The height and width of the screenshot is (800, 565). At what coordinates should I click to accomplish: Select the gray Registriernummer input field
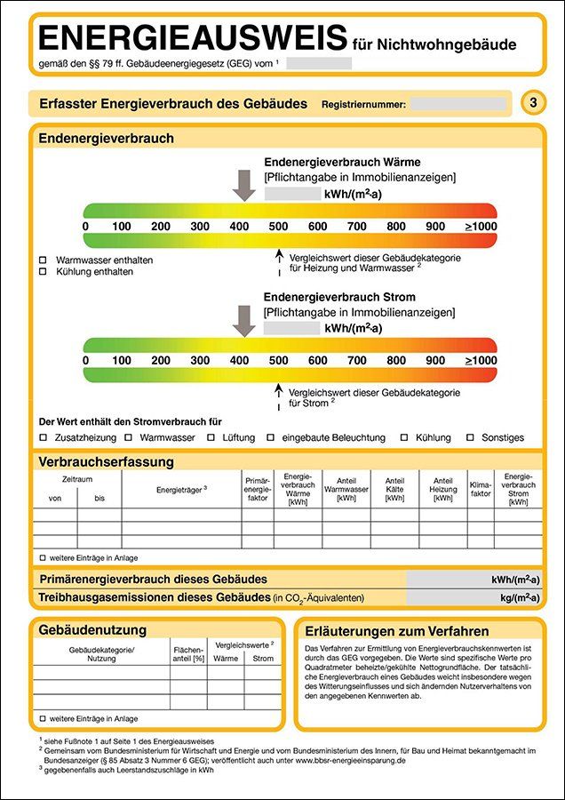tap(458, 104)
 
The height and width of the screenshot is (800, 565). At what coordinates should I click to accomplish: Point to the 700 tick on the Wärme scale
tap(356, 227)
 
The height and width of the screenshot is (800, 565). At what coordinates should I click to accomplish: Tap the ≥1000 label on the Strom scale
tap(481, 361)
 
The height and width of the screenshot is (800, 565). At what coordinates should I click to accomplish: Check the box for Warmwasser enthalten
tap(44, 260)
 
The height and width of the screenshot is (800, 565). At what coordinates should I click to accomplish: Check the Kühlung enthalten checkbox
tap(44, 272)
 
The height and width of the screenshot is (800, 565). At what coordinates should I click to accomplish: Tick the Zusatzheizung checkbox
tap(44, 437)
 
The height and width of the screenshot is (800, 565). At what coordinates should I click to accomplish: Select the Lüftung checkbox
tap(211, 437)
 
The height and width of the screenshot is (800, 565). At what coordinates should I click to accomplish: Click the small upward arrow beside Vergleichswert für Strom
tap(279, 392)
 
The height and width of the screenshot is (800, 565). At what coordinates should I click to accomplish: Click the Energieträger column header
tap(181, 489)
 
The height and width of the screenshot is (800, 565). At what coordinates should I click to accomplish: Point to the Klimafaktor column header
tap(480, 489)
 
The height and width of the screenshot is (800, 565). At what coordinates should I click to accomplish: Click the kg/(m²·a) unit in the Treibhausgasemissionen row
tap(514, 597)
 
